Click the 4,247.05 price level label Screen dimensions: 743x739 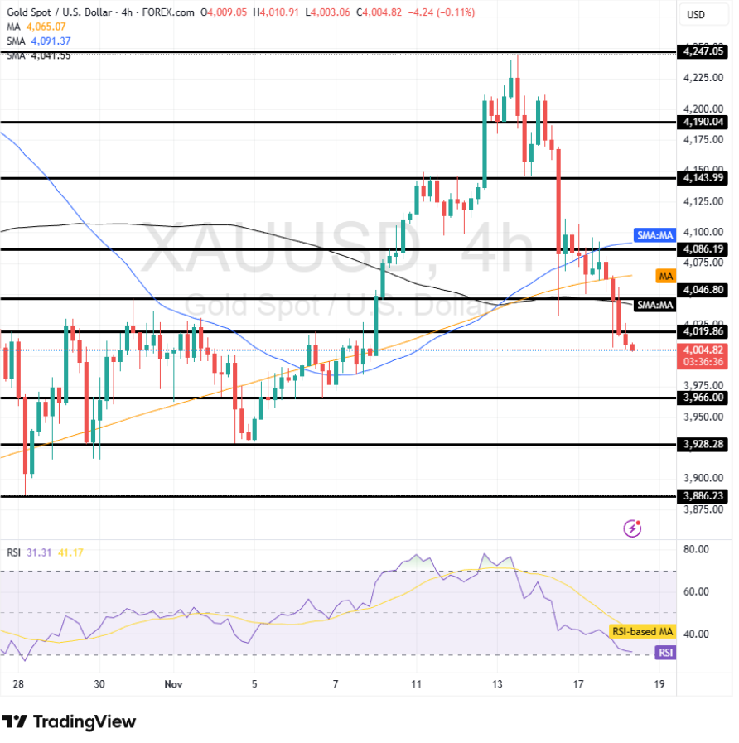701,51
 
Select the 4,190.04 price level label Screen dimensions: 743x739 701,122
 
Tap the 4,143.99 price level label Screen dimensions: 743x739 701,178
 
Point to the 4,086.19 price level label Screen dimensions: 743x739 701,248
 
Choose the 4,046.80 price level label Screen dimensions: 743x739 701,291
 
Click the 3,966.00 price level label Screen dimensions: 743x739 701,398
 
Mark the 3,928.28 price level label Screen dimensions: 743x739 701,445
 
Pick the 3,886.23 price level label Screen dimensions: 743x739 701,496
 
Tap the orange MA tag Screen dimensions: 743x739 664,275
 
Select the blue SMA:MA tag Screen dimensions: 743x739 654,235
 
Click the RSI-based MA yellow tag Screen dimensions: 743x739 643,632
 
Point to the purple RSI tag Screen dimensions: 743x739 665,653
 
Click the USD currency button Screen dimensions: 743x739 697,15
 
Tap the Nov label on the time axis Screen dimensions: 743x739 173,684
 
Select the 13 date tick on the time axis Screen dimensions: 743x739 497,684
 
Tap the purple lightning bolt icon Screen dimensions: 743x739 633,528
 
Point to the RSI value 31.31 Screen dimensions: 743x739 38,553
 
